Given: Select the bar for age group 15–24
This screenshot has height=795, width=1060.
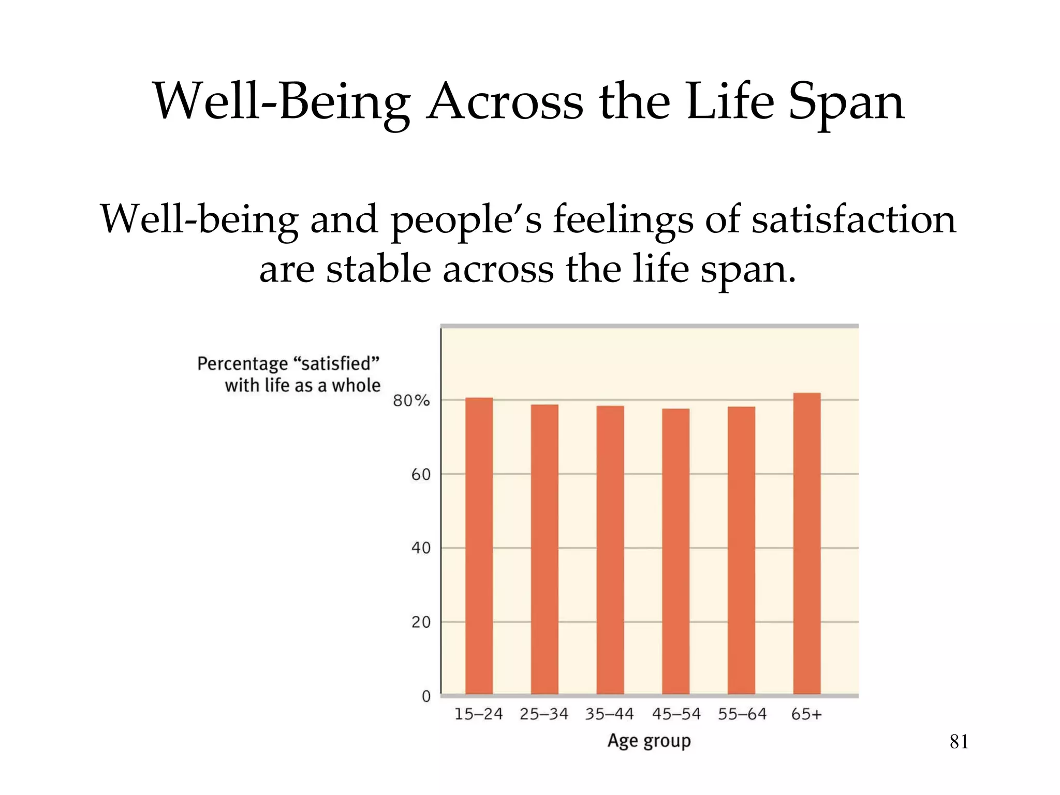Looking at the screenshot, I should [479, 546].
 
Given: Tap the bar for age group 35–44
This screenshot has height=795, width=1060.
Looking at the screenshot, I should [610, 550].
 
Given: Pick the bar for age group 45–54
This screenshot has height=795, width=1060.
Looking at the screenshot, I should [675, 551].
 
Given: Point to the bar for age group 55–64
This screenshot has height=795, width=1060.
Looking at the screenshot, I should [741, 550].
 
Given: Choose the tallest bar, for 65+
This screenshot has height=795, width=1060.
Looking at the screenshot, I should [806, 543].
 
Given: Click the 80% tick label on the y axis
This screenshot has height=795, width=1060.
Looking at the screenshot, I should [411, 401].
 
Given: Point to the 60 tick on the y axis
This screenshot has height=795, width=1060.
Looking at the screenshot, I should [421, 475].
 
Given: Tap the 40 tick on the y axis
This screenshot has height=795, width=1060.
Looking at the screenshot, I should [421, 548].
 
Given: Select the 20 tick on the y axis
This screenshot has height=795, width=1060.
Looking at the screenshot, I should [421, 622].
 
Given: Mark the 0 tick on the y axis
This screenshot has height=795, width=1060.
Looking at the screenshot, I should [426, 696].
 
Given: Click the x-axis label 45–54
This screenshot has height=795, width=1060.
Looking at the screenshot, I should [676, 714].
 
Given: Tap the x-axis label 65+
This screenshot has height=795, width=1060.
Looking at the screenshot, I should [806, 714].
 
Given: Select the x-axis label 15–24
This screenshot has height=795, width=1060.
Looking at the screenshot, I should [479, 714].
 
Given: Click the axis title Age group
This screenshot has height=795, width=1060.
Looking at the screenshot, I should [649, 741].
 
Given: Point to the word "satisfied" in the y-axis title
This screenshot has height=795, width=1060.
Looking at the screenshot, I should [336, 363].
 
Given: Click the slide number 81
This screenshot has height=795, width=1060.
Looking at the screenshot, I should [959, 742].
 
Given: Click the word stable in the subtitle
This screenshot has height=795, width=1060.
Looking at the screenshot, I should [378, 269].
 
